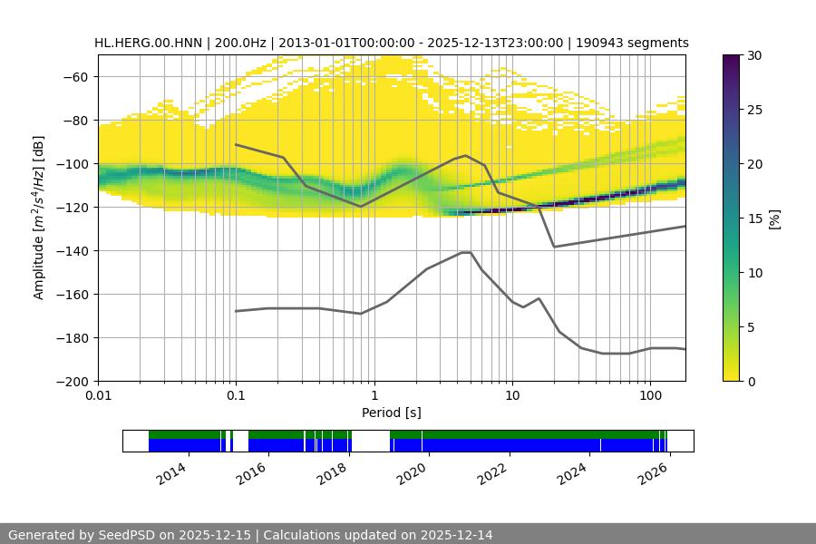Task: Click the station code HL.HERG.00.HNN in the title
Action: [x=148, y=43]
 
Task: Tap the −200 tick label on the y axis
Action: [x=75, y=382]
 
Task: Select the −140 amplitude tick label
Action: [x=75, y=251]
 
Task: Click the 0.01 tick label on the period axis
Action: [x=98, y=396]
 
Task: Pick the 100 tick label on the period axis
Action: [x=650, y=396]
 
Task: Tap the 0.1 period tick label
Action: [x=236, y=396]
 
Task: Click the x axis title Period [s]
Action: [x=392, y=413]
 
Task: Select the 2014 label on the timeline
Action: [x=171, y=473]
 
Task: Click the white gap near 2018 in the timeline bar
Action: [x=370, y=441]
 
